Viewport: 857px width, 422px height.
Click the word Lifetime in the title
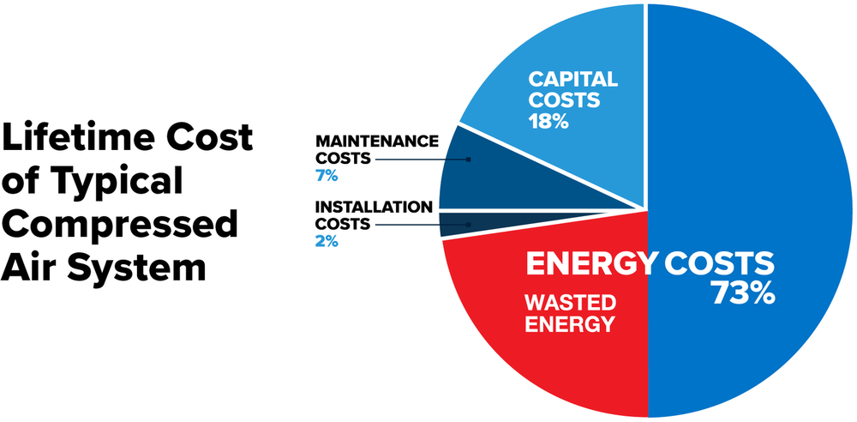pyautogui.click(x=80, y=137)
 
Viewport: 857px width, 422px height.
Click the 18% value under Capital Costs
pyautogui.click(x=548, y=121)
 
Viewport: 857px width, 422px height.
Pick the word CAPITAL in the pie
pyautogui.click(x=572, y=80)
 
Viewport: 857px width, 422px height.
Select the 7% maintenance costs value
pyautogui.click(x=327, y=176)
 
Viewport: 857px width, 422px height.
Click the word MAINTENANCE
pyautogui.click(x=377, y=142)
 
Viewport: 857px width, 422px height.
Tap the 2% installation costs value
pyautogui.click(x=327, y=241)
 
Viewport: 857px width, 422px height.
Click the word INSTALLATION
pyautogui.click(x=374, y=207)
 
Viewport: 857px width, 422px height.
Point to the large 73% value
pyautogui.click(x=743, y=294)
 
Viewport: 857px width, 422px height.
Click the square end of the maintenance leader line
pyautogui.click(x=469, y=160)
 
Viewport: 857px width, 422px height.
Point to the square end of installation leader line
pyautogui.click(x=469, y=225)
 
